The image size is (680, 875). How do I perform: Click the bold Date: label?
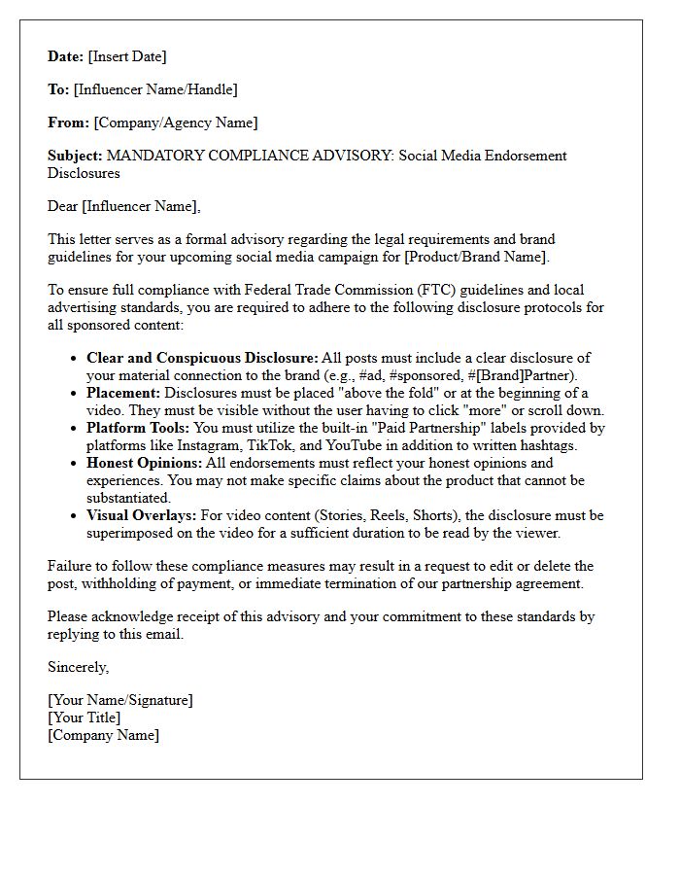pos(66,56)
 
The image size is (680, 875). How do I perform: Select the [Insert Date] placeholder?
pos(127,56)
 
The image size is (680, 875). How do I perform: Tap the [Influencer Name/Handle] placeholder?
pos(155,89)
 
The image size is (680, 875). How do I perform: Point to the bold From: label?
pos(68,122)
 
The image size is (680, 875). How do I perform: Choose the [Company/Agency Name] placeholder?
pos(176,122)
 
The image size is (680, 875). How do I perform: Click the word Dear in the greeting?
pos(63,206)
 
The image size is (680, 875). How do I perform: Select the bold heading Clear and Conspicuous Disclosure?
pos(202,358)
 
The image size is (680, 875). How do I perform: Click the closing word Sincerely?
pos(79,667)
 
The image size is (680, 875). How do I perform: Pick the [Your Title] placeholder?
pos(85,717)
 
